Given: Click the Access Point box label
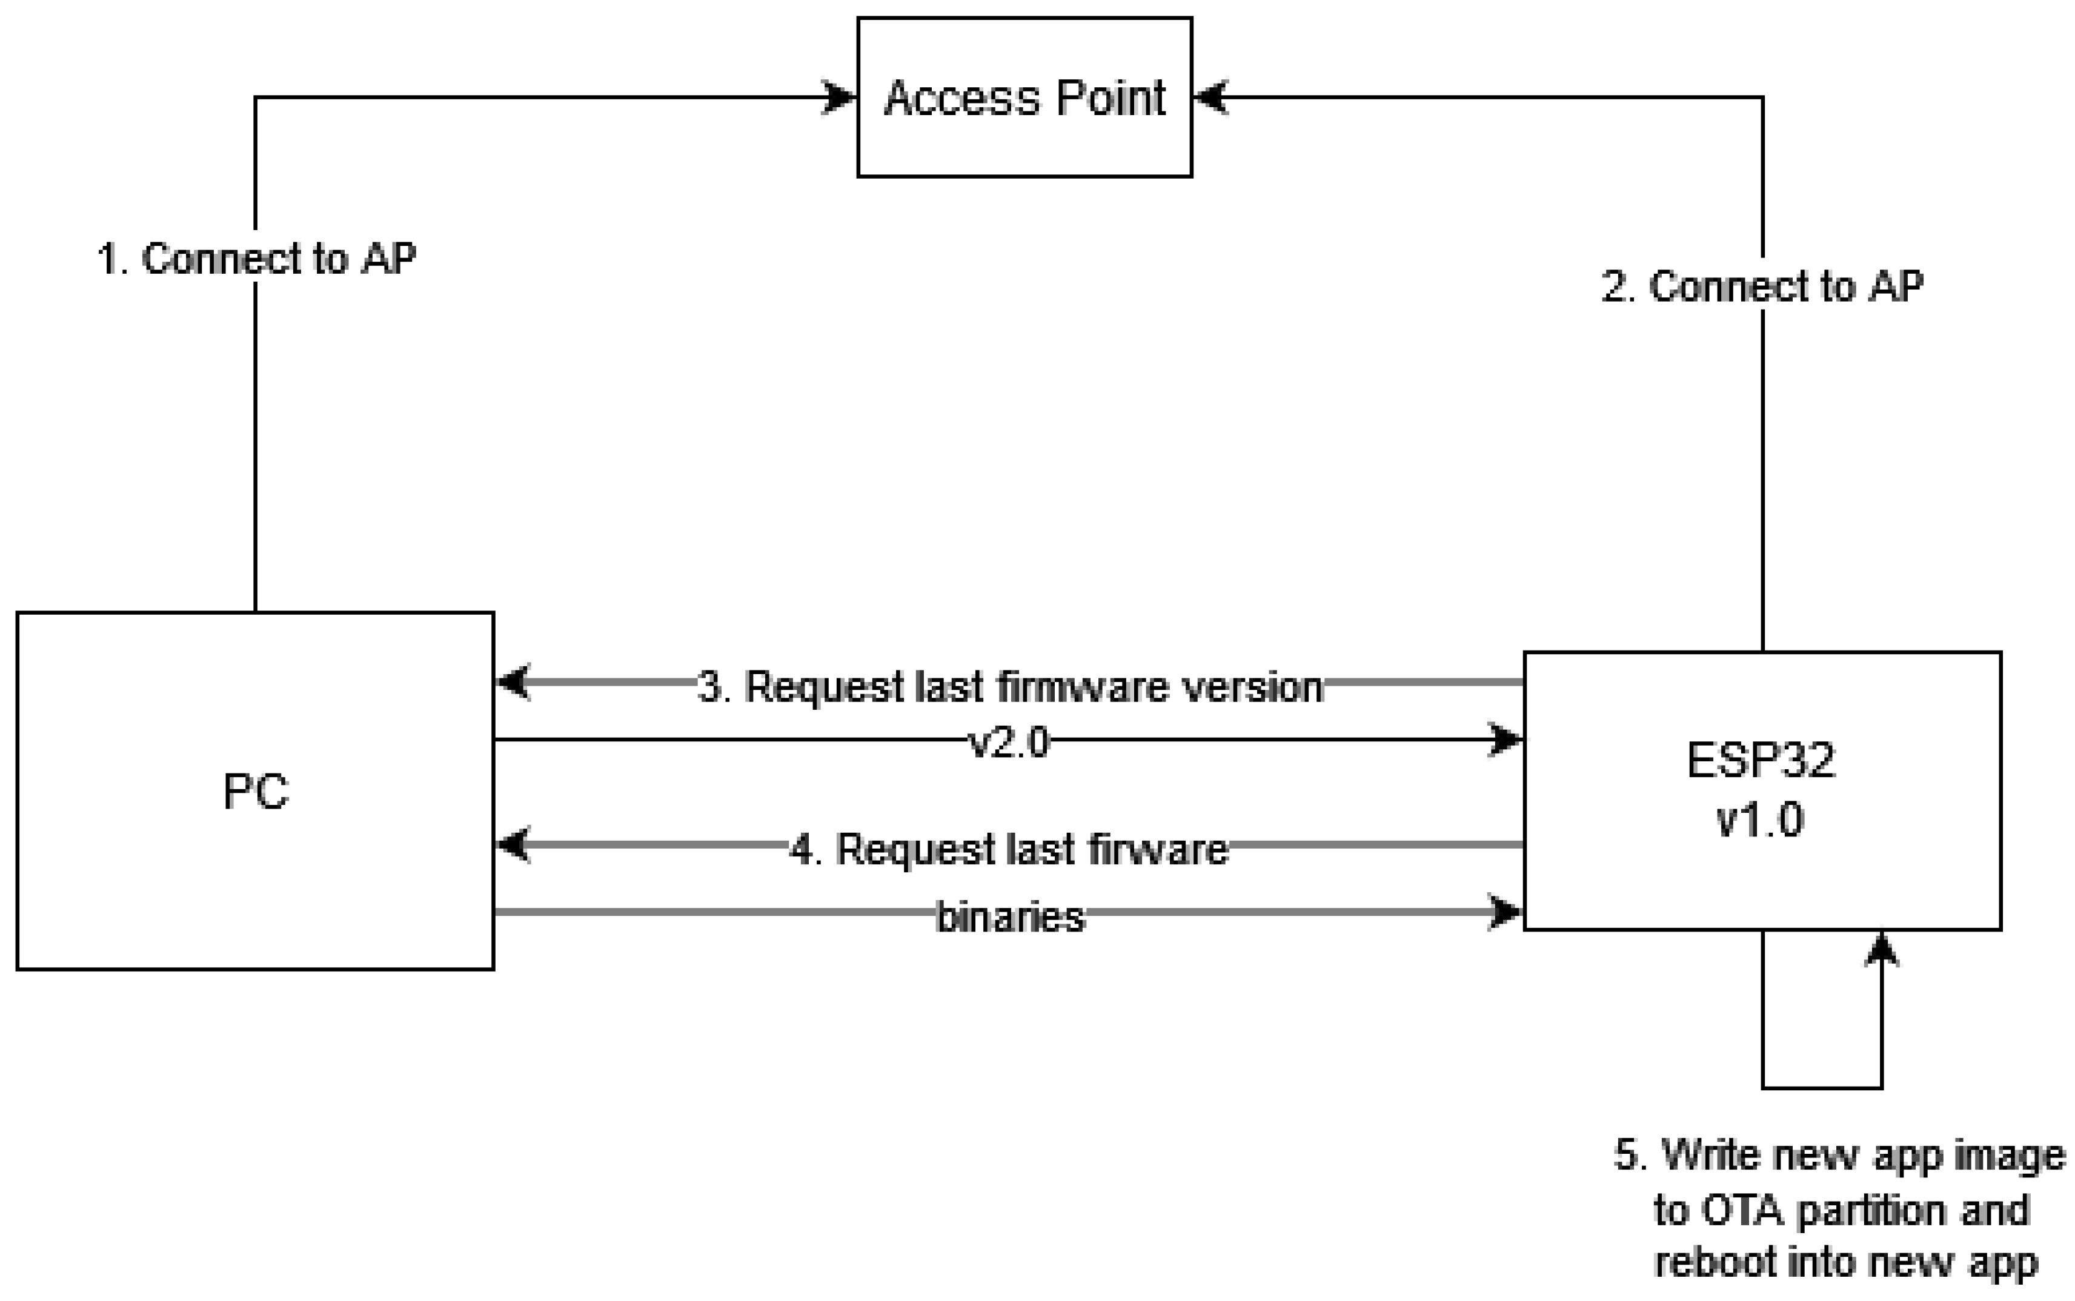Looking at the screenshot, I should coord(1024,98).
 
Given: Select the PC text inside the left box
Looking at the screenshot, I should coord(256,791).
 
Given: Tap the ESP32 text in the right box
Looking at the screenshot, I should coord(1761,761).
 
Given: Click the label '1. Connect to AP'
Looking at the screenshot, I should coord(256,258).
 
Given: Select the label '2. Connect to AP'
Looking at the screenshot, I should coord(1762,286).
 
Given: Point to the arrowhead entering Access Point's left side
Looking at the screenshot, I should coord(840,98).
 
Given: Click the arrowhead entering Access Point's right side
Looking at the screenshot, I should coord(1210,98).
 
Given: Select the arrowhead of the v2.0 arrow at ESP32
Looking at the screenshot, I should coord(1506,739).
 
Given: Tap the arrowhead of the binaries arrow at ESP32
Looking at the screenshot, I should coord(1506,912).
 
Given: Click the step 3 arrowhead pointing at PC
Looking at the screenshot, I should coord(514,683).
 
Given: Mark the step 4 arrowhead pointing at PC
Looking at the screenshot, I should coord(514,844).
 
